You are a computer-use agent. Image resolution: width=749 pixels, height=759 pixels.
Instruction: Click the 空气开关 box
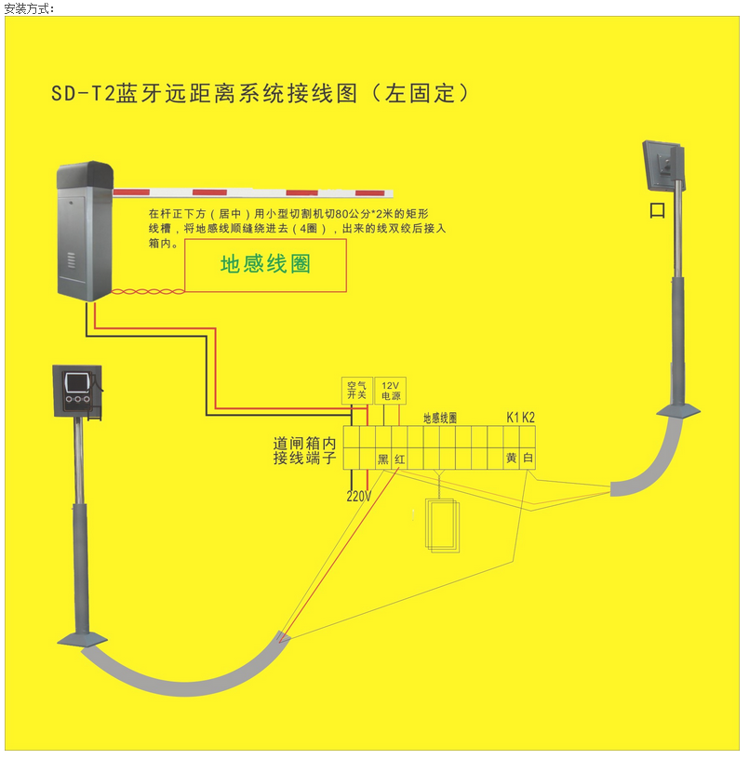pos(357,391)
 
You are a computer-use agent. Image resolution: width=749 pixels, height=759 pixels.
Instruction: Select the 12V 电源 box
pos(390,391)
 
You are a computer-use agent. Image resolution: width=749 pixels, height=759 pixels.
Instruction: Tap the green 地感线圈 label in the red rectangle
pos(265,264)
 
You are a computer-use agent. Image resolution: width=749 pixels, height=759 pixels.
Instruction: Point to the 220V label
pos(359,496)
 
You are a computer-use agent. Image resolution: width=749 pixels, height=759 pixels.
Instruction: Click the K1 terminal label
pos(513,417)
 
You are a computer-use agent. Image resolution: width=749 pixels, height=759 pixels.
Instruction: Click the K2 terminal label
pos(528,417)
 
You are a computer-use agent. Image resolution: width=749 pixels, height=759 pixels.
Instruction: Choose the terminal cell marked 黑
pos(382,459)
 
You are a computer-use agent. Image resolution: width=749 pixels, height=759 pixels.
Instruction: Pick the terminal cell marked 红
pos(399,459)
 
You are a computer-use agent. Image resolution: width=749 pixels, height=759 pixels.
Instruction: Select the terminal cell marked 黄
pos(511,459)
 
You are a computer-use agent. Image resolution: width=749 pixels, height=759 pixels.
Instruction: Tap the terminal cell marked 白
pos(528,459)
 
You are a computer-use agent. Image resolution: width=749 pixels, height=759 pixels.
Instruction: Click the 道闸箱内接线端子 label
pos(304,451)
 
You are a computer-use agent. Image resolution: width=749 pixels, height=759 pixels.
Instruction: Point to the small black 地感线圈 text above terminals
pos(440,419)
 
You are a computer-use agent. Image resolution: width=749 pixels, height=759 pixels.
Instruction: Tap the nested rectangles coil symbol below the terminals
pos(442,526)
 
